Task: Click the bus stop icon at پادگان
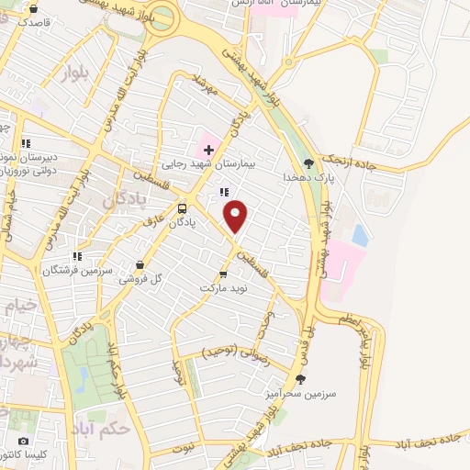pos(182,207)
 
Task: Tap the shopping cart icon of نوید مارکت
pos(223,274)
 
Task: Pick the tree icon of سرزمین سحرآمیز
pos(300,378)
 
